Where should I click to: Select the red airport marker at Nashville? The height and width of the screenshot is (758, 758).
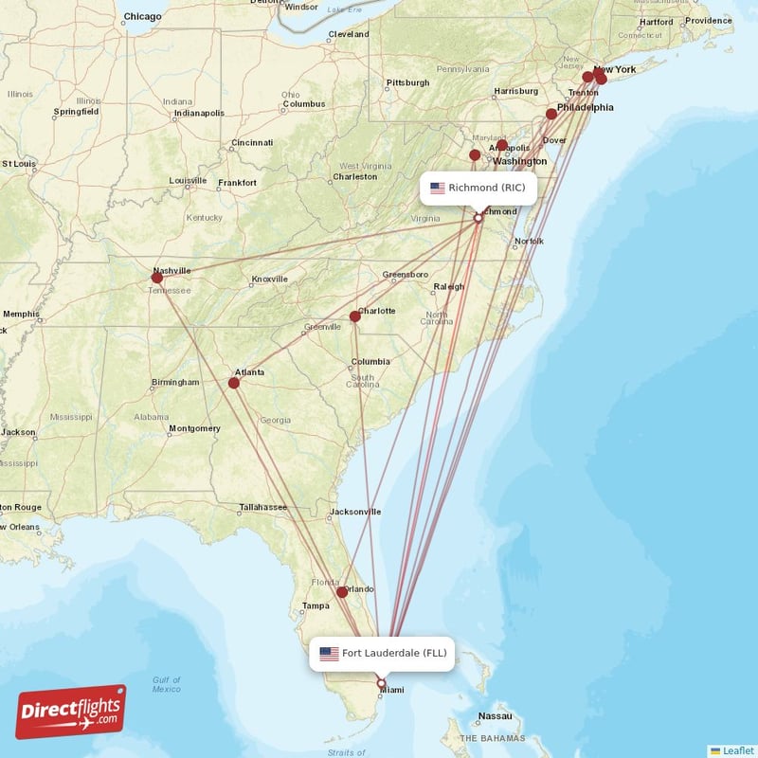tap(157, 278)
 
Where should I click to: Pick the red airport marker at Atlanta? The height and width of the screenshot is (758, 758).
tap(234, 383)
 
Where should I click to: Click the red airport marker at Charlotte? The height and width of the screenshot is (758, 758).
tap(355, 316)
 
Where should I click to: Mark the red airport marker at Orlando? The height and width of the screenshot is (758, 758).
tap(342, 592)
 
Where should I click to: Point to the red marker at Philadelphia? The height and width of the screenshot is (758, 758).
tap(551, 114)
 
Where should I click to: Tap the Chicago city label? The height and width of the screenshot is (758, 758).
tap(143, 16)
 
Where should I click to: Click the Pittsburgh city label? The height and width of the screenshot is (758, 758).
tap(408, 82)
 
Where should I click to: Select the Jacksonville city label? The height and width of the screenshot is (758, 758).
tap(355, 512)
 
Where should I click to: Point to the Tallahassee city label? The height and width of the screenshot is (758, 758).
tap(262, 507)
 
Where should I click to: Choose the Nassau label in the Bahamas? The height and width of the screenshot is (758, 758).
tap(495, 715)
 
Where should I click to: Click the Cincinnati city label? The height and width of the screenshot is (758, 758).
tap(252, 142)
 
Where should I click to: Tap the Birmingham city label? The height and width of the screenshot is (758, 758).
tap(175, 383)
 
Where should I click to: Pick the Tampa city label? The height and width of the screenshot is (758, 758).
tap(316, 605)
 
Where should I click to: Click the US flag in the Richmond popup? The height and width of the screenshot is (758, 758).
tap(437, 188)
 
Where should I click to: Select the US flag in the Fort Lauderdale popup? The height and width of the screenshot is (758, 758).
tap(329, 653)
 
